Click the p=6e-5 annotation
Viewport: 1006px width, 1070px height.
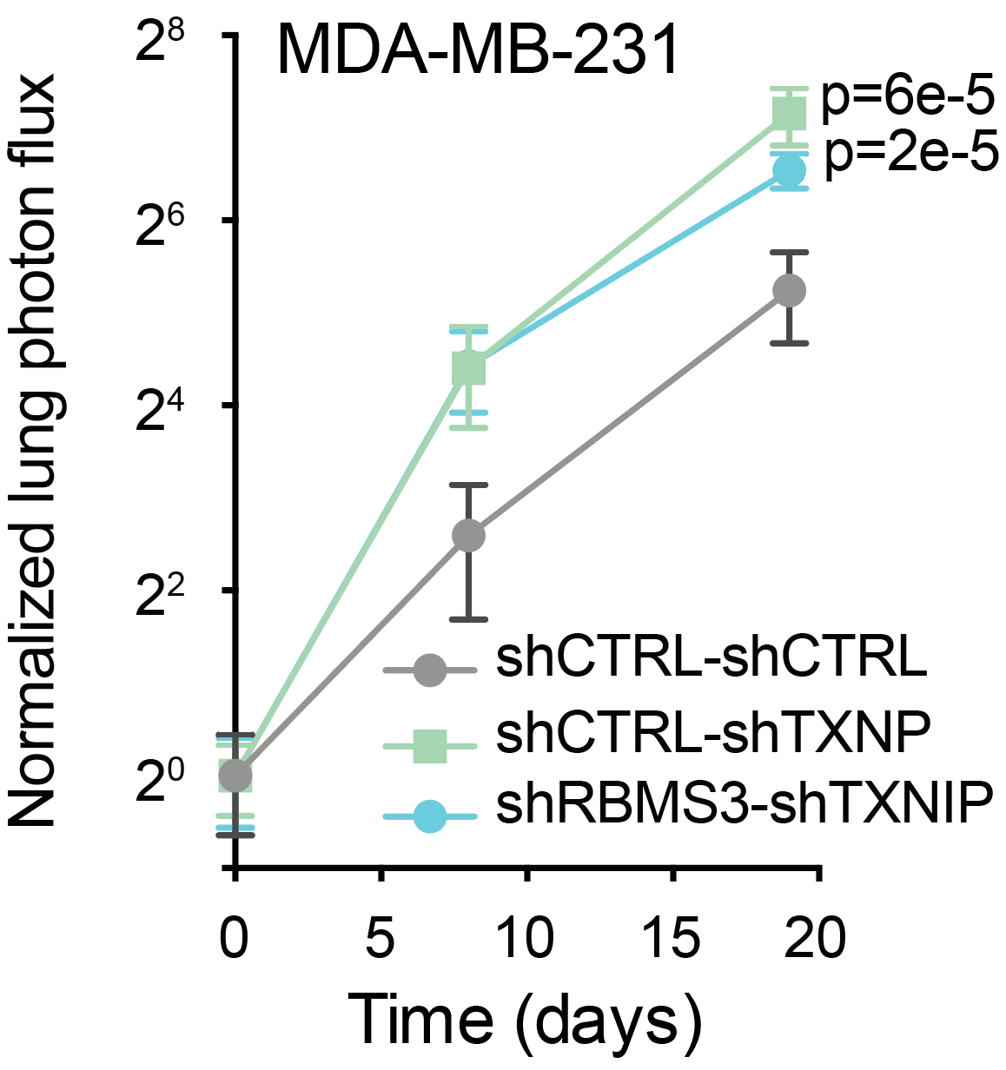907,98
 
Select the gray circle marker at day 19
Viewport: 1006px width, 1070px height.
789,290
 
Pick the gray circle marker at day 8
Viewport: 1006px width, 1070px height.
468,536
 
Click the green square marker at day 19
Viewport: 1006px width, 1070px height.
789,112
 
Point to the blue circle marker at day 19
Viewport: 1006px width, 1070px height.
789,171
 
